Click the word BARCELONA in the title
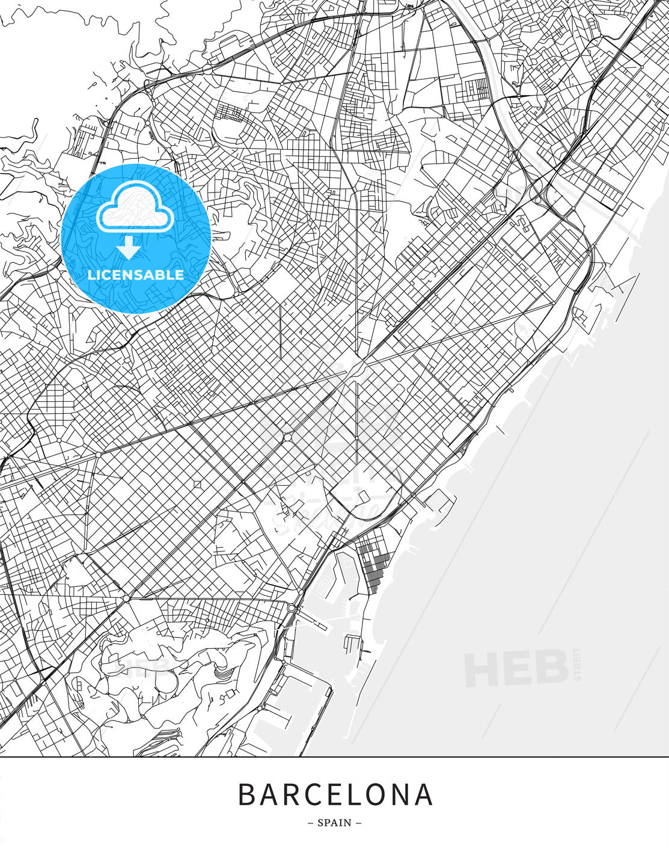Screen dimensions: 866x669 (x=335, y=794)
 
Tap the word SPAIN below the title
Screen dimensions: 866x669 (x=335, y=823)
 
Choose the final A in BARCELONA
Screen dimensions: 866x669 (x=424, y=794)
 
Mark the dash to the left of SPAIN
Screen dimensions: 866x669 (x=310, y=823)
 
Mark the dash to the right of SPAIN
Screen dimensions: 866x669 (x=359, y=823)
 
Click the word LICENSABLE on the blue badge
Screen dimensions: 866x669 (x=136, y=275)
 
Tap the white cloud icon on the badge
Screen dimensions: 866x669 (x=135, y=207)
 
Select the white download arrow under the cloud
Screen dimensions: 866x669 (x=129, y=247)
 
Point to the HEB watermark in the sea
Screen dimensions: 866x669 (x=516, y=668)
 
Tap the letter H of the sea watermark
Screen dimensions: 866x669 (x=481, y=669)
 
